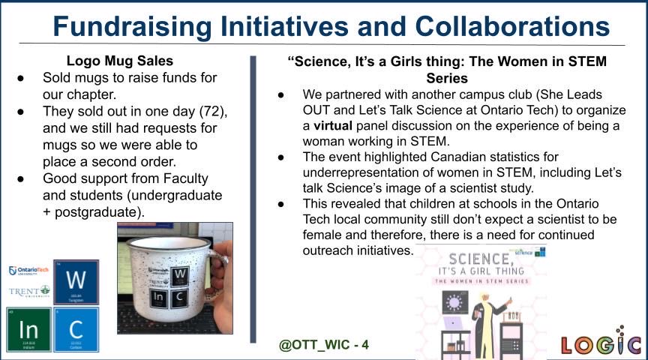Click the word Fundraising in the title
128,27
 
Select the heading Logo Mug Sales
120,61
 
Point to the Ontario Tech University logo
29,271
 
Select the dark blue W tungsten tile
76,282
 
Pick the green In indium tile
28,329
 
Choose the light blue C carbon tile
76,329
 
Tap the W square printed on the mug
181,276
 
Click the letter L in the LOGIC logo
570,345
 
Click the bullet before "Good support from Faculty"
23,178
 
